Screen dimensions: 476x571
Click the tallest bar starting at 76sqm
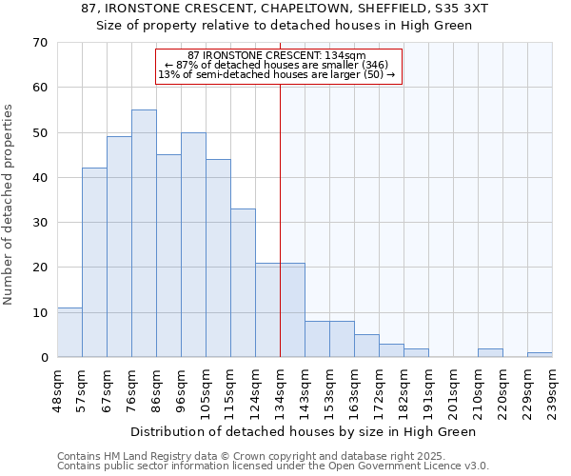point(144,233)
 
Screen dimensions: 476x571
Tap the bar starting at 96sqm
point(193,245)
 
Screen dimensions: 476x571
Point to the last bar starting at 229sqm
point(540,355)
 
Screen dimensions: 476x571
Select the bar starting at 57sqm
point(94,263)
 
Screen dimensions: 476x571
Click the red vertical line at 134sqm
point(280,219)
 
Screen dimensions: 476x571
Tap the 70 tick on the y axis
point(40,43)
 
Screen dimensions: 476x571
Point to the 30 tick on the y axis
point(40,223)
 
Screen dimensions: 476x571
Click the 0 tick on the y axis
point(44,358)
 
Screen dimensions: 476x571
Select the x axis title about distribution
point(303,431)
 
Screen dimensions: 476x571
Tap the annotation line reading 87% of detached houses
point(277,65)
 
